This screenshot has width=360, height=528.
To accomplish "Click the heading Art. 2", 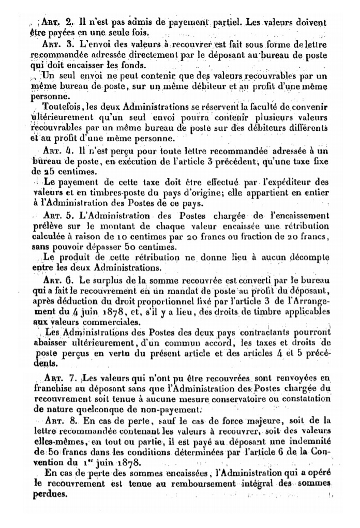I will (57, 23).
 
